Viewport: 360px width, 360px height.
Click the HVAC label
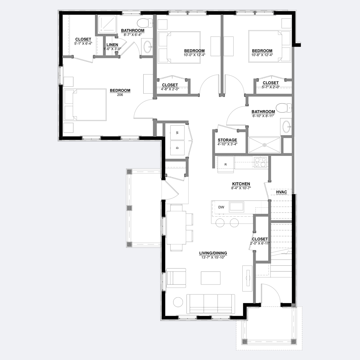point(281,192)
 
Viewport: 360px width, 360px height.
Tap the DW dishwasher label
point(221,207)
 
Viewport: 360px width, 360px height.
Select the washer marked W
point(177,132)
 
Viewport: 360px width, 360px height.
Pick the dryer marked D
point(177,148)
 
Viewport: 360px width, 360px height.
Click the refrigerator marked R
point(226,165)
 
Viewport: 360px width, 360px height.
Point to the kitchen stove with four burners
point(261,162)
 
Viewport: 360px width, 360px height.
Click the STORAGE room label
point(227,140)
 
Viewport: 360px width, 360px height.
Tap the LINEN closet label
point(112,45)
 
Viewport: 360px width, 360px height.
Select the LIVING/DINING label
point(213,253)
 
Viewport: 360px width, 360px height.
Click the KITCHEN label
point(241,184)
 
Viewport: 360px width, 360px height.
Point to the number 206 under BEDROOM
point(120,95)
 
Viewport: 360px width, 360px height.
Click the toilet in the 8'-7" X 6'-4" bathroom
point(145,23)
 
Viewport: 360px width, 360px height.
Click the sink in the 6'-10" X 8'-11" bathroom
point(286,126)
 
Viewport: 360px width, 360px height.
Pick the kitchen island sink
point(237,206)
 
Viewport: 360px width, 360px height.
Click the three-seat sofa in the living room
point(211,303)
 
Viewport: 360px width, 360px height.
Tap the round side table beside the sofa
point(178,302)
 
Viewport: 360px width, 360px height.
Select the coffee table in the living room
point(211,278)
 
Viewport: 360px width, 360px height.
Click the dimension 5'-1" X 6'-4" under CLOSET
point(83,44)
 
